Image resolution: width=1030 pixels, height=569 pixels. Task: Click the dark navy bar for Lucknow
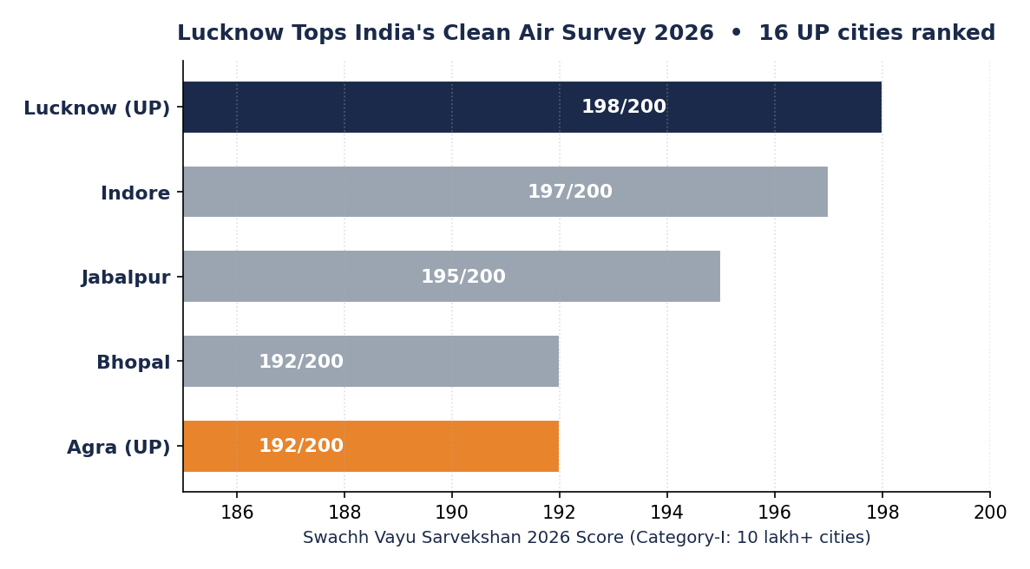click(x=532, y=107)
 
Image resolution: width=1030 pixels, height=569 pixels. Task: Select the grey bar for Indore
click(x=505, y=192)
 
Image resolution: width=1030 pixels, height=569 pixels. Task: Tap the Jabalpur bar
click(x=451, y=277)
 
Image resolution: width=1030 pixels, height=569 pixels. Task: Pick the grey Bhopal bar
click(x=371, y=362)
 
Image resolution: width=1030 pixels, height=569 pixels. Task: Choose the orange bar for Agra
click(x=371, y=447)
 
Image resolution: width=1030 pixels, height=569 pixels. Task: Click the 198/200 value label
click(x=624, y=107)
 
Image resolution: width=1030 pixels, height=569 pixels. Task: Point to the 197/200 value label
click(x=570, y=192)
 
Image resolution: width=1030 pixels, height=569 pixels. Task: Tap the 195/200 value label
click(x=463, y=277)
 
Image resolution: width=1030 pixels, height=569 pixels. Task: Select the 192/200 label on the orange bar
click(x=301, y=446)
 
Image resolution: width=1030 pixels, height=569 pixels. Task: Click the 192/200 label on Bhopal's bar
click(x=301, y=361)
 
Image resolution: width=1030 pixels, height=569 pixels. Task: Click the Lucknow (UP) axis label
click(x=97, y=108)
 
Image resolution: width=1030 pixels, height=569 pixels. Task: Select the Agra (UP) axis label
click(x=118, y=448)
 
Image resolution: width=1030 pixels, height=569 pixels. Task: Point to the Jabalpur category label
click(x=126, y=278)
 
